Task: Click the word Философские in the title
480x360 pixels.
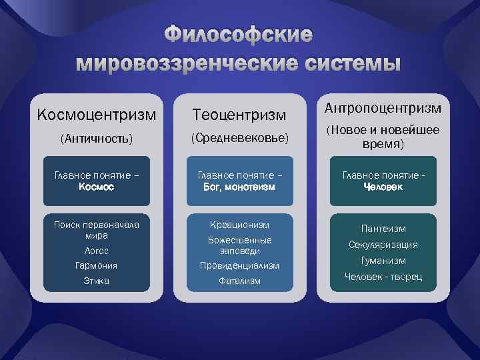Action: (239, 35)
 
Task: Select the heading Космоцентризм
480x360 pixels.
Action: (97, 115)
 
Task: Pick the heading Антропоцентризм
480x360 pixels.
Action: (383, 107)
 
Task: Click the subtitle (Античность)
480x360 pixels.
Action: (97, 139)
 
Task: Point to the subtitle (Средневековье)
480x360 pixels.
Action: (239, 138)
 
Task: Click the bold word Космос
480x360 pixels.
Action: (97, 187)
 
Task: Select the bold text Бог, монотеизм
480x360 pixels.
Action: (239, 187)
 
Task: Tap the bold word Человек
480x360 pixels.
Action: (383, 187)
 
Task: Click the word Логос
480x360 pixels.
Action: (97, 251)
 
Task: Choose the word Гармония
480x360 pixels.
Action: (97, 265)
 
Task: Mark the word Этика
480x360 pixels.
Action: (97, 281)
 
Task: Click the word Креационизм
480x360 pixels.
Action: (239, 224)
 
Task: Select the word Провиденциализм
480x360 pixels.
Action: (239, 266)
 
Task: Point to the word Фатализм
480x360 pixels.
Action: (239, 281)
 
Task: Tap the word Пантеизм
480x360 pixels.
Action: (383, 229)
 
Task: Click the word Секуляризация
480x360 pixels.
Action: (383, 245)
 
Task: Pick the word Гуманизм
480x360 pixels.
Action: (383, 261)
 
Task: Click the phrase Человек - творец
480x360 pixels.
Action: (383, 277)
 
